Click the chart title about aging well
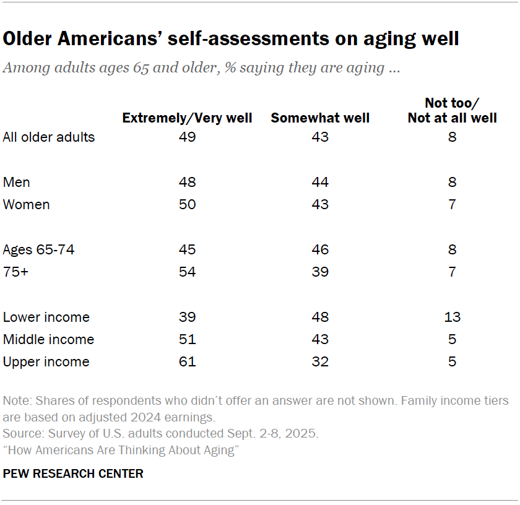231,38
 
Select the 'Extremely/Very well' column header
187,118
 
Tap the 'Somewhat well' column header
320,118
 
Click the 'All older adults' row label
49,137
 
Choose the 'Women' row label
27,204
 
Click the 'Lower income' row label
46,317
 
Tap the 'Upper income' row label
46,361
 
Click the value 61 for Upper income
187,361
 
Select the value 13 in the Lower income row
452,317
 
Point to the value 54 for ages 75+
187,272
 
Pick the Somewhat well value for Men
320,182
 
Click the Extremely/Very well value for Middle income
187,339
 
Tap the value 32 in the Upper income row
320,361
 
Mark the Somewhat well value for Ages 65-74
320,249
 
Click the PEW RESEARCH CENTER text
73,473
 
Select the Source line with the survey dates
161,433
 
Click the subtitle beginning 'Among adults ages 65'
201,67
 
